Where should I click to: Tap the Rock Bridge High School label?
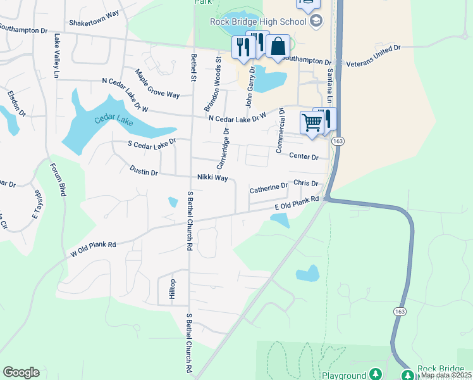coord(258,22)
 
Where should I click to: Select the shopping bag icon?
coord(278,47)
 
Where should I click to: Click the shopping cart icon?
coord(312,122)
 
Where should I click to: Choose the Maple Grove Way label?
coord(157,84)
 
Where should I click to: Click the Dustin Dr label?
coord(144,170)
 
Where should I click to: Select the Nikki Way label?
coord(212,178)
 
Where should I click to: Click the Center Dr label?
coord(303,155)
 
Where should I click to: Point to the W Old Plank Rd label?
coord(93,250)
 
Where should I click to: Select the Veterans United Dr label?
coord(373,55)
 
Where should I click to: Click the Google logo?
coord(21,372)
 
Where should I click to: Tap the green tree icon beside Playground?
coord(376,374)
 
